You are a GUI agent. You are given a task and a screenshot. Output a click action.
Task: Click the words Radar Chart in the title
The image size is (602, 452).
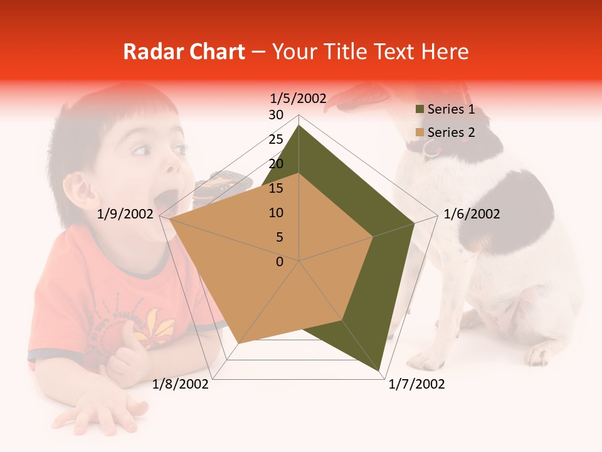point(184,51)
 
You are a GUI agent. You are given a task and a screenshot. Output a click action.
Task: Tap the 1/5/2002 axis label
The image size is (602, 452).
point(298,98)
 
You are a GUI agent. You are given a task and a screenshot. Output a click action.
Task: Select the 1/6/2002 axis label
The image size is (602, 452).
point(472,214)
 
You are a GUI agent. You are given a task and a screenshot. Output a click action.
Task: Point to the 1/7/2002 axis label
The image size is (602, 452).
point(416,384)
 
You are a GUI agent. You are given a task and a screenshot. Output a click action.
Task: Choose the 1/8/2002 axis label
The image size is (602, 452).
point(181,384)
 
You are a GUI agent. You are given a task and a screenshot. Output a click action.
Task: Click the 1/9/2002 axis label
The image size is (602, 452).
point(125,214)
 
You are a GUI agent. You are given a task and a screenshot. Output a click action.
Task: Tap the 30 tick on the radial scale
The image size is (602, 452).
point(276,115)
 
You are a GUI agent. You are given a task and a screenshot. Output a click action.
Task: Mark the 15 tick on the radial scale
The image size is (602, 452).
point(276,188)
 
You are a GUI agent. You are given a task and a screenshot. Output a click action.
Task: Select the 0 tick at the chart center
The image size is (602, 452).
point(280,262)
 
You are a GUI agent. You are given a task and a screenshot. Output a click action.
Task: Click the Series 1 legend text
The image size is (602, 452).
point(451,109)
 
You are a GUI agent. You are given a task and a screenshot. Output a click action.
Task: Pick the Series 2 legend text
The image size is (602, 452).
point(451,132)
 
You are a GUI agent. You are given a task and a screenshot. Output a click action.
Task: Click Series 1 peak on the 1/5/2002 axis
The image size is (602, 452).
point(299,125)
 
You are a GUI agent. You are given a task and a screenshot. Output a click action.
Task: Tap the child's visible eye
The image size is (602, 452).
point(141,151)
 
